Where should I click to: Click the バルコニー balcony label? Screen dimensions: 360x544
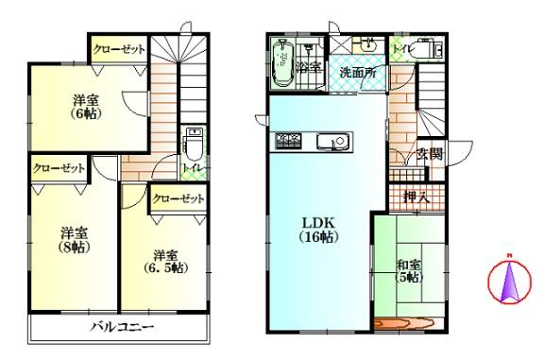coord(123,327)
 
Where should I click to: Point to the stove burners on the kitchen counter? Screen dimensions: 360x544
coord(288,142)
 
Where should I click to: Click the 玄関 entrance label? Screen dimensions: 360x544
coord(430,154)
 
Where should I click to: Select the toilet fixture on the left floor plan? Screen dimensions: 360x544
coord(194,145)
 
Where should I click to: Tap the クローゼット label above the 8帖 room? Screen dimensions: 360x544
coord(59,168)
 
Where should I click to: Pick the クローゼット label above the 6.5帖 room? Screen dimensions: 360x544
coord(178,198)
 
